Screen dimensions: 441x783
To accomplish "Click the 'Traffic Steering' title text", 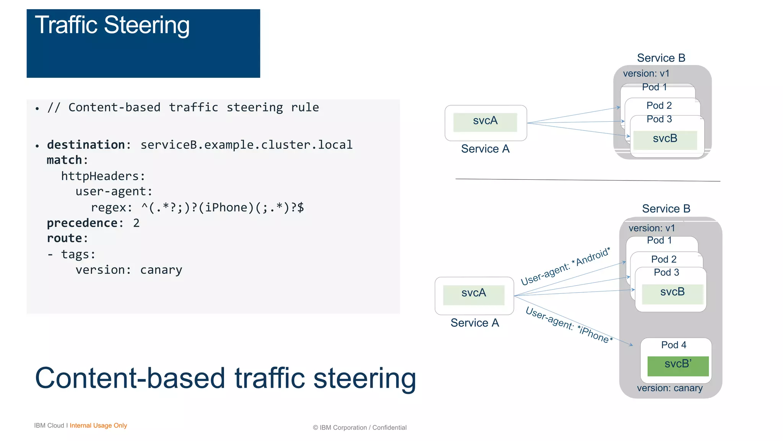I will pyautogui.click(x=112, y=25).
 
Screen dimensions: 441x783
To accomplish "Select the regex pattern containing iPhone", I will pyautogui.click(x=223, y=207).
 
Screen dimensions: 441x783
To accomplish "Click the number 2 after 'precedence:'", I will pyautogui.click(x=136, y=223).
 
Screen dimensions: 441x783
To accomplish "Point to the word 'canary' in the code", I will pyautogui.click(x=161, y=270).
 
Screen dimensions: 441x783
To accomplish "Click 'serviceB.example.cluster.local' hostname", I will pyautogui.click(x=246, y=145).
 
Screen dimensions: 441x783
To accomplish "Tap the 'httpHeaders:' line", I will pyautogui.click(x=103, y=176).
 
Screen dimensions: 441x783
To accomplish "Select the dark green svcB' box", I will pyautogui.click(x=677, y=366).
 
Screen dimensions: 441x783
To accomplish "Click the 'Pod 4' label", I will pyautogui.click(x=674, y=345).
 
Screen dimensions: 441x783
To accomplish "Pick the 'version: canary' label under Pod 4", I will pyautogui.click(x=669, y=388).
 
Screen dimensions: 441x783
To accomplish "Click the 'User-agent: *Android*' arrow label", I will pyautogui.click(x=565, y=267).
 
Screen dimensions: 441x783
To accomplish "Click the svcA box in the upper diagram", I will pyautogui.click(x=485, y=122).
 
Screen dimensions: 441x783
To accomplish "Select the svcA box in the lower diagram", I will pyautogui.click(x=473, y=295).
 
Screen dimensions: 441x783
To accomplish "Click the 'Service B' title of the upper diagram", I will pyautogui.click(x=661, y=58).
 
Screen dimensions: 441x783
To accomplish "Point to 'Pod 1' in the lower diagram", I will pyautogui.click(x=659, y=240).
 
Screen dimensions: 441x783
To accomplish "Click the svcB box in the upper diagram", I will pyautogui.click(x=665, y=140).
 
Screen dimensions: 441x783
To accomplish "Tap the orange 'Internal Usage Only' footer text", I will pyautogui.click(x=98, y=425).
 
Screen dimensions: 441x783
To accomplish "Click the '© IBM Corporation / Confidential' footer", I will pyautogui.click(x=359, y=428).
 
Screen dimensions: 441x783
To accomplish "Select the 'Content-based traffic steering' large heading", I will pyautogui.click(x=225, y=378).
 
